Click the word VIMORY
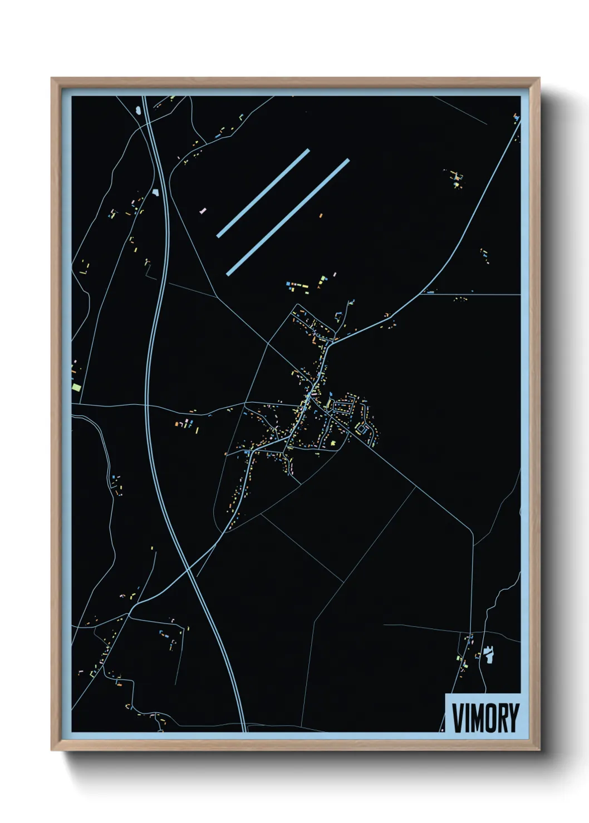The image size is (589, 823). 485,717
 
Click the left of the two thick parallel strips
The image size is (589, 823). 263,193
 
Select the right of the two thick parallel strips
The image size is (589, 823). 288,217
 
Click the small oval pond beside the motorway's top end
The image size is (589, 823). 137,110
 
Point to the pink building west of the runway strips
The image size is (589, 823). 203,211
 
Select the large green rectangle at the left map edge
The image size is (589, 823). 76,385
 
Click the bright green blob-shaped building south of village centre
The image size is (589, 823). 333,443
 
